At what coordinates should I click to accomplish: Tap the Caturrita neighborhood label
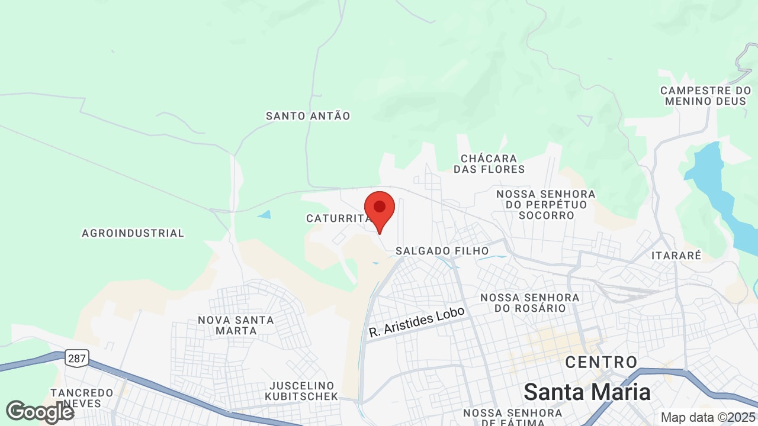(x=338, y=218)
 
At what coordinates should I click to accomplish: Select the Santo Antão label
(x=308, y=116)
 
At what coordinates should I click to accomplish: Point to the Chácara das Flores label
(x=489, y=164)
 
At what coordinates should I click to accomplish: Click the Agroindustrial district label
(x=133, y=233)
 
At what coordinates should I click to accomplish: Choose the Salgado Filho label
(x=442, y=251)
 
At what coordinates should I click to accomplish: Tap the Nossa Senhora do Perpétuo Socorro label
(x=546, y=205)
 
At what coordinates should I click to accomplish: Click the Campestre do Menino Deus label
(x=706, y=96)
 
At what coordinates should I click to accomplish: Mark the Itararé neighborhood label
(x=676, y=256)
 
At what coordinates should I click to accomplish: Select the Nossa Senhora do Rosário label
(x=530, y=302)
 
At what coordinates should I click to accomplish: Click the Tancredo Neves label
(x=82, y=398)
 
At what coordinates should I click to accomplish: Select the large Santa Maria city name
(x=587, y=392)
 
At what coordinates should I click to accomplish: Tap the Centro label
(x=601, y=362)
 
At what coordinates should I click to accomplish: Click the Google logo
(x=40, y=412)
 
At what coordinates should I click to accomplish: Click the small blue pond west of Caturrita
(x=265, y=215)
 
